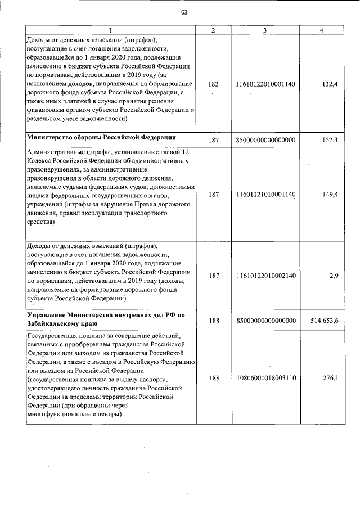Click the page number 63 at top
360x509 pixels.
183,13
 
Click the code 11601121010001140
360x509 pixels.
267,194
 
